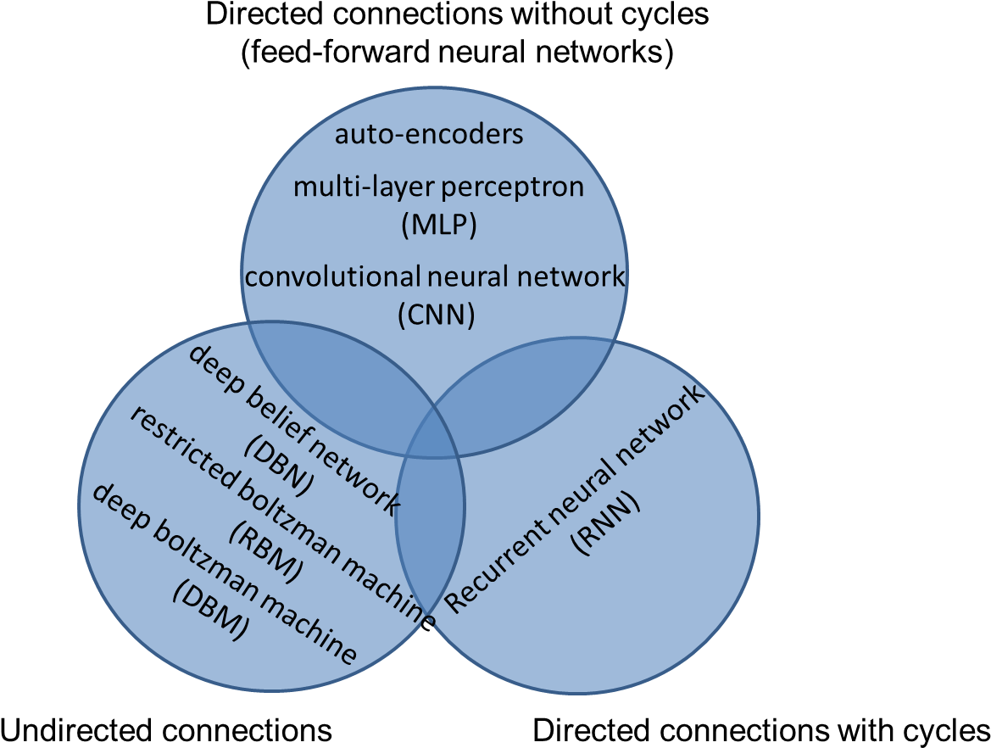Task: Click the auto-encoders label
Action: tap(429, 134)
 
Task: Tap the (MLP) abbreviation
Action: tap(437, 225)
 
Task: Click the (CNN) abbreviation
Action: tap(437, 315)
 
